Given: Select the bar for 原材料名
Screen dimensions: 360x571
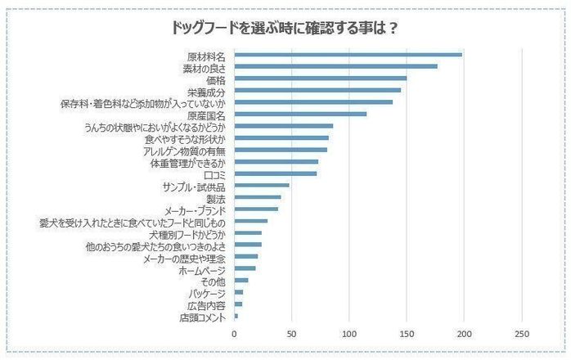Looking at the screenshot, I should [348, 55].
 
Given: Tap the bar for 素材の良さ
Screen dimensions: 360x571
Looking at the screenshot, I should [336, 66].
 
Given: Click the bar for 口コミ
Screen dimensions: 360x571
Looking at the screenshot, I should [276, 173].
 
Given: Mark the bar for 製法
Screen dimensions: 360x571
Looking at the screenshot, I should [258, 197].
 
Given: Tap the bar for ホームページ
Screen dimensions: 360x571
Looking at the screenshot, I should [245, 268].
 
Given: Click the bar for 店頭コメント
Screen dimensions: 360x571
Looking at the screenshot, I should [236, 316].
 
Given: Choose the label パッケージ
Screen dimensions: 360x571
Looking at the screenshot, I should [205, 292].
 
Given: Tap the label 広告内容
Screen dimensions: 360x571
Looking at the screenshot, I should [209, 304].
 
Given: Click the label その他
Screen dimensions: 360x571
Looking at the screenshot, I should [214, 281].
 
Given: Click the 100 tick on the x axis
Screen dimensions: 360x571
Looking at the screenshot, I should [349, 334].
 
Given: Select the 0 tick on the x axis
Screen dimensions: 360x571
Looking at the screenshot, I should [235, 334].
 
